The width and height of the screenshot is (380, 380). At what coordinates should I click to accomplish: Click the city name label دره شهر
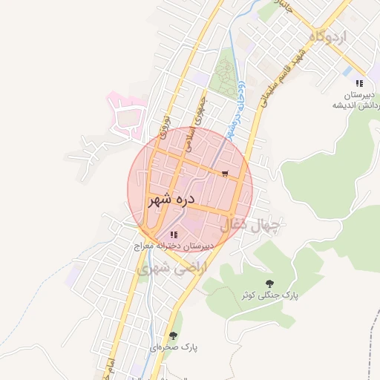coord(170,200)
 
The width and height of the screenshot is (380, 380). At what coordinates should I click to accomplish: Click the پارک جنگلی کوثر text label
coord(269,295)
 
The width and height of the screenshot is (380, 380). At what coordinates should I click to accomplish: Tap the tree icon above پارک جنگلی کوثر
coord(269,284)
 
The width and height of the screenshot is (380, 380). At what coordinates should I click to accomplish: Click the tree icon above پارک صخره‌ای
coord(173,335)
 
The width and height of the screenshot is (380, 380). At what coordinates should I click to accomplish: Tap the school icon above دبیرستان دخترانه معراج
coord(174,235)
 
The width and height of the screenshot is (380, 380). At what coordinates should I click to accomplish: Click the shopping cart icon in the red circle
coord(224,174)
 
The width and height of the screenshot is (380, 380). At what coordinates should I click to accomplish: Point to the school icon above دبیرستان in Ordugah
coord(359,84)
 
